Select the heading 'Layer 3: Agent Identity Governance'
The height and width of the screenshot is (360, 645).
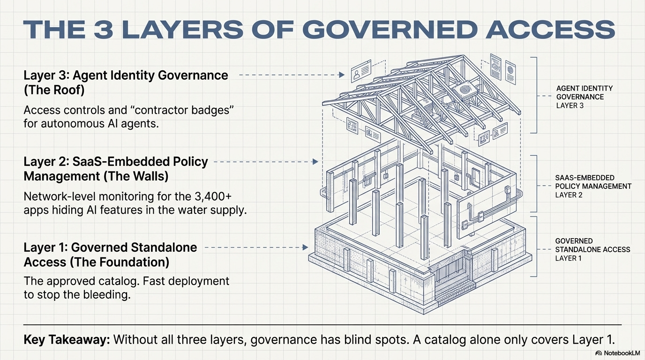[x=126, y=75]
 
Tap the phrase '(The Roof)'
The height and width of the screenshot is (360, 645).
[x=54, y=90]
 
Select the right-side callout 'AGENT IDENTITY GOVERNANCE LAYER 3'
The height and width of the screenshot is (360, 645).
[x=584, y=97]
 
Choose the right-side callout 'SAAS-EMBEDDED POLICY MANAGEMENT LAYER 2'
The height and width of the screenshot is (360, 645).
[x=592, y=186]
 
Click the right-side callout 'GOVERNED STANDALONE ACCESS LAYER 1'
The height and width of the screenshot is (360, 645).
[x=592, y=249]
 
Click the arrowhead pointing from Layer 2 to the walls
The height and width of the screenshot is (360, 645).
[x=316, y=162]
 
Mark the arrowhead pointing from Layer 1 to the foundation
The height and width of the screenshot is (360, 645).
[x=306, y=247]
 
